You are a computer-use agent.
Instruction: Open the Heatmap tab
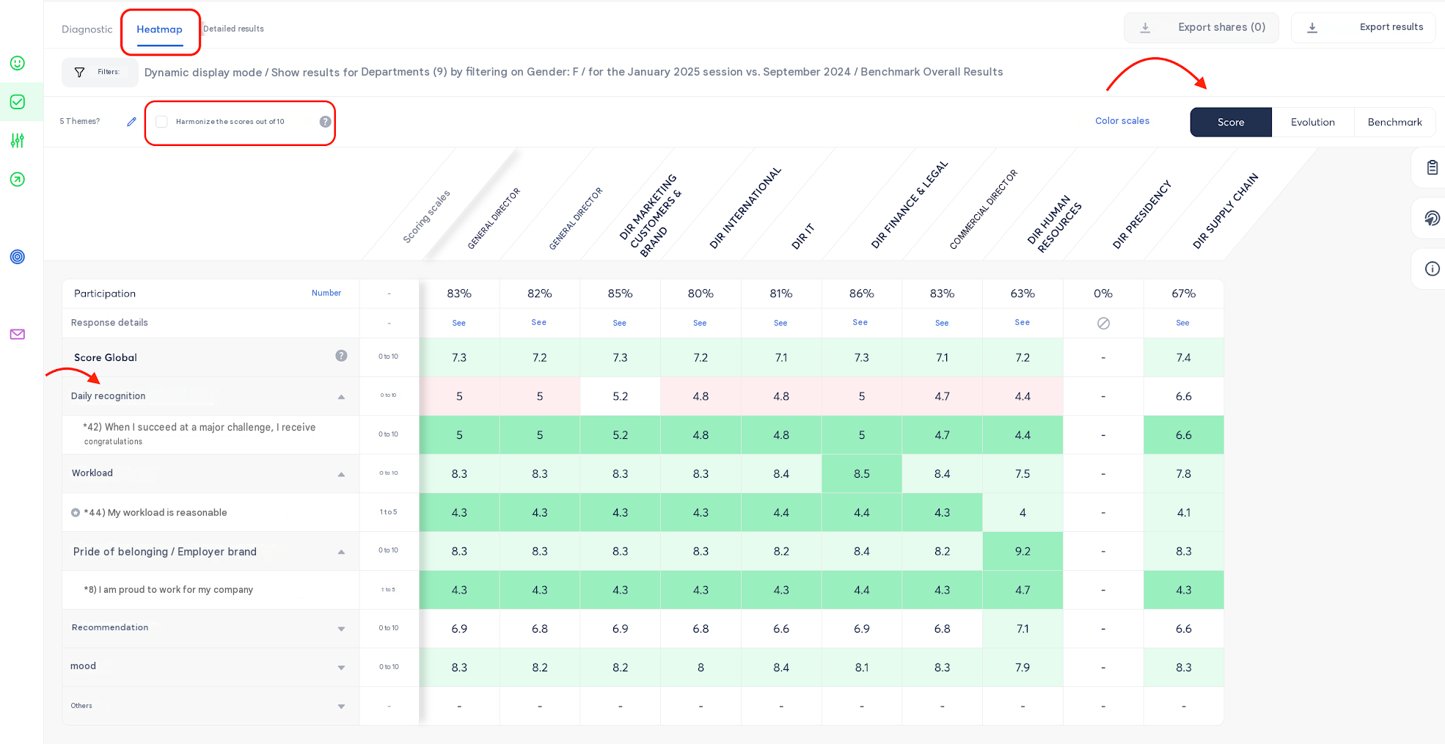pyautogui.click(x=159, y=29)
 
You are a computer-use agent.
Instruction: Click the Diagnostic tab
pyautogui.click(x=87, y=29)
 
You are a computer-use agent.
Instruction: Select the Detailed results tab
pyautogui.click(x=233, y=29)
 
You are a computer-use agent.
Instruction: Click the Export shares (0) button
pyautogui.click(x=1201, y=28)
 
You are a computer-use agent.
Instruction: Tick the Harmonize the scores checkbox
pyautogui.click(x=162, y=122)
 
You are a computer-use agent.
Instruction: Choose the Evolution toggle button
pyautogui.click(x=1312, y=122)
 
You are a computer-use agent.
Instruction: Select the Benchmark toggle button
pyautogui.click(x=1394, y=122)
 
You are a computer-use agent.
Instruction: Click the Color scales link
pyautogui.click(x=1122, y=121)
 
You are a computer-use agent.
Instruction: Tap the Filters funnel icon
pyautogui.click(x=80, y=72)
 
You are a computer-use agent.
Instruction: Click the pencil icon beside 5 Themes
pyautogui.click(x=131, y=122)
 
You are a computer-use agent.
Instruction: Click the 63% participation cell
pyautogui.click(x=1023, y=293)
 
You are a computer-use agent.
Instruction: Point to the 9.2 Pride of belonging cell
pyautogui.click(x=1023, y=551)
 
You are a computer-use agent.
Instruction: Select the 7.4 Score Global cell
pyautogui.click(x=1183, y=357)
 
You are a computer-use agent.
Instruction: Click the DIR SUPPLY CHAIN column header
pyautogui.click(x=1226, y=211)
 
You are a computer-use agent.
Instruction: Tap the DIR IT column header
pyautogui.click(x=802, y=237)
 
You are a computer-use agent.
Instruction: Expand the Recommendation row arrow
pyautogui.click(x=341, y=629)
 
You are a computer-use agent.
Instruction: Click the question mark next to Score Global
pyautogui.click(x=341, y=356)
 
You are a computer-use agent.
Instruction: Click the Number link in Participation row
pyautogui.click(x=326, y=293)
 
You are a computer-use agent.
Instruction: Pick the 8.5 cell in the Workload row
pyautogui.click(x=862, y=473)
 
